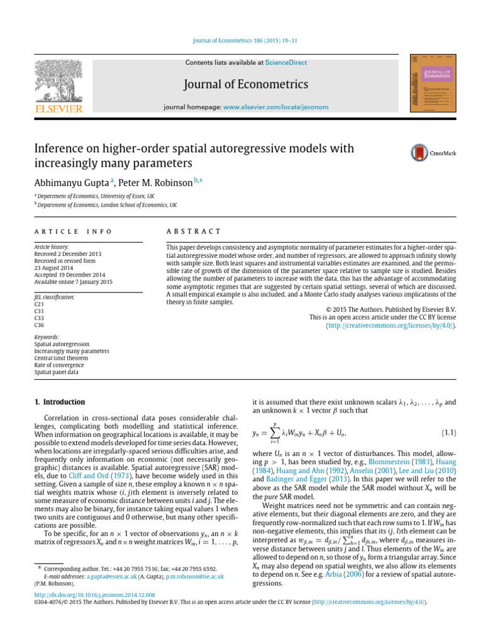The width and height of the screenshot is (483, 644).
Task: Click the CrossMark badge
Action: [x=430, y=152]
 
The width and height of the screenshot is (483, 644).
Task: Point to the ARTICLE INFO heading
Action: [x=72, y=231]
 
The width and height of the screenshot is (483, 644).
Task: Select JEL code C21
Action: [x=39, y=303]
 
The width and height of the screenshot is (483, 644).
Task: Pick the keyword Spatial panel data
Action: [x=55, y=372]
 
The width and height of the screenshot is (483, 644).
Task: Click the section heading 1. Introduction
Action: [x=58, y=402]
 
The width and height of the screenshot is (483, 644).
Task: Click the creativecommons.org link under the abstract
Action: [x=390, y=325]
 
